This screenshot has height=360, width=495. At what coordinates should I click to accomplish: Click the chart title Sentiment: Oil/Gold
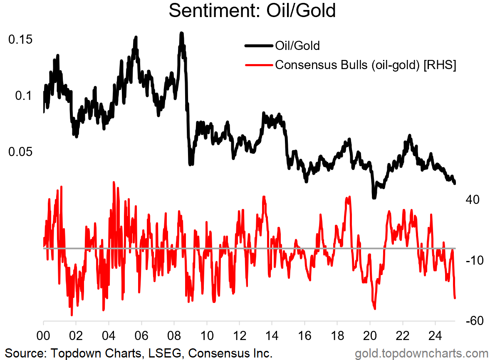[252, 11]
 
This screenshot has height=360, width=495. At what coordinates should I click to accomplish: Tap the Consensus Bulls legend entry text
[366, 65]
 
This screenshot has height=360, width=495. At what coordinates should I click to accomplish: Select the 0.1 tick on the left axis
[23, 95]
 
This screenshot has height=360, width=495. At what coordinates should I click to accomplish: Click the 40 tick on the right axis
[473, 200]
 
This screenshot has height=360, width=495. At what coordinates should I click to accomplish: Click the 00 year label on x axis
[43, 335]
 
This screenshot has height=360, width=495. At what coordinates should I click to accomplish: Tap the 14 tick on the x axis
[272, 335]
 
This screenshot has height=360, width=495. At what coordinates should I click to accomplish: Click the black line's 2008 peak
[181, 33]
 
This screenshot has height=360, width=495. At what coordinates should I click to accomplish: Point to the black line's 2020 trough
[374, 197]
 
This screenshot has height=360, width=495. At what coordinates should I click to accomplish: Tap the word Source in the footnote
[23, 353]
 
